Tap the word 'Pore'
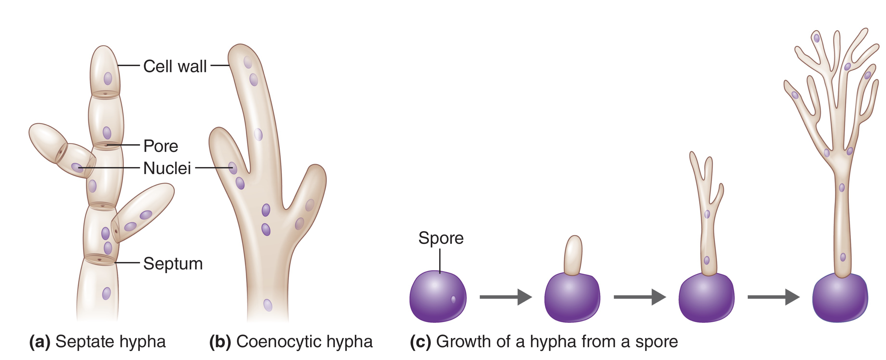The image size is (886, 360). click(x=161, y=146)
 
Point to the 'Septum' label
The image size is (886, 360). click(x=173, y=264)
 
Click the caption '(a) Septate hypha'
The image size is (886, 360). click(x=97, y=341)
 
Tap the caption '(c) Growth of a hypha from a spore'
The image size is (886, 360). click(x=544, y=341)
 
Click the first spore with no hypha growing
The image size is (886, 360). click(x=437, y=296)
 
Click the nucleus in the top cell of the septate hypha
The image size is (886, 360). click(x=108, y=78)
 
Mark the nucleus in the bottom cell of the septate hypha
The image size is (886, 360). click(x=106, y=293)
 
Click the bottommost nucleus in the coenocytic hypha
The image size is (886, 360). click(x=268, y=305)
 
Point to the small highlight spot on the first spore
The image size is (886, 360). click(x=453, y=300)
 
